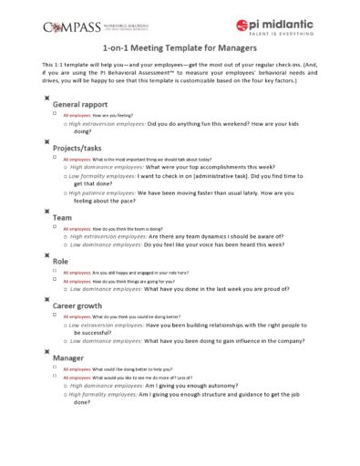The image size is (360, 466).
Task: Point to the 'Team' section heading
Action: [63, 218]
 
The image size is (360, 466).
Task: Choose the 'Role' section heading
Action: [61, 261]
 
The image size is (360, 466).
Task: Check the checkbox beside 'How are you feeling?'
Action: [56, 116]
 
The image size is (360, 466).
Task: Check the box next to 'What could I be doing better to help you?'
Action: [56, 368]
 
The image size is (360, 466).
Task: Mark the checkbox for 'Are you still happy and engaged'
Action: [56, 272]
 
